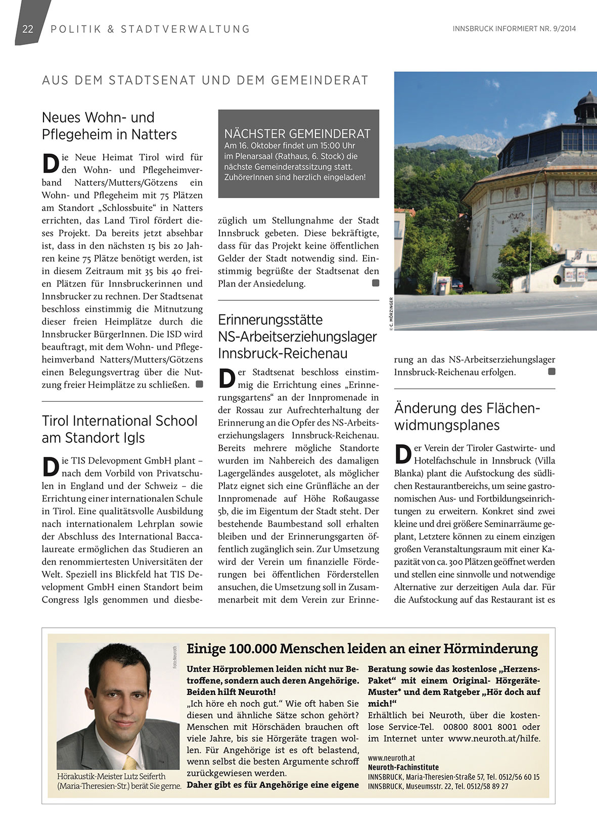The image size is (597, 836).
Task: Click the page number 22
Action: tap(28, 29)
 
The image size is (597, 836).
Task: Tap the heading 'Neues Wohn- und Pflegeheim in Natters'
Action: tap(109, 126)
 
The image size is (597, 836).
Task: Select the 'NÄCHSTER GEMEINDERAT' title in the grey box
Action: tap(297, 134)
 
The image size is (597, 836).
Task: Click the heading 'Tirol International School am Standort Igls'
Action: tap(119, 429)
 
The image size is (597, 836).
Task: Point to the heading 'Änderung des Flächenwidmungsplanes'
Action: tap(467, 416)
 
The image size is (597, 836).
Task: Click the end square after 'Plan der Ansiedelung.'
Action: tap(376, 284)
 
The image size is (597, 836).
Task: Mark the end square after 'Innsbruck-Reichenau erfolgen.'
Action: tap(552, 372)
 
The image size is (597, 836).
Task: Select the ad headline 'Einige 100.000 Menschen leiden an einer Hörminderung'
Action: tap(362, 648)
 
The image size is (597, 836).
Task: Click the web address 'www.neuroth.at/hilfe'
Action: tap(494, 738)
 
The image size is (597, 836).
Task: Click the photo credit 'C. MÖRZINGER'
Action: tap(391, 313)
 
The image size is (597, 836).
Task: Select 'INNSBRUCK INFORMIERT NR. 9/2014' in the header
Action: tap(514, 29)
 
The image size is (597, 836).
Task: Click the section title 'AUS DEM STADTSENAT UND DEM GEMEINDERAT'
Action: tap(205, 80)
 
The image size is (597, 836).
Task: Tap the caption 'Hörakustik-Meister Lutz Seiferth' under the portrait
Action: tap(112, 776)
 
